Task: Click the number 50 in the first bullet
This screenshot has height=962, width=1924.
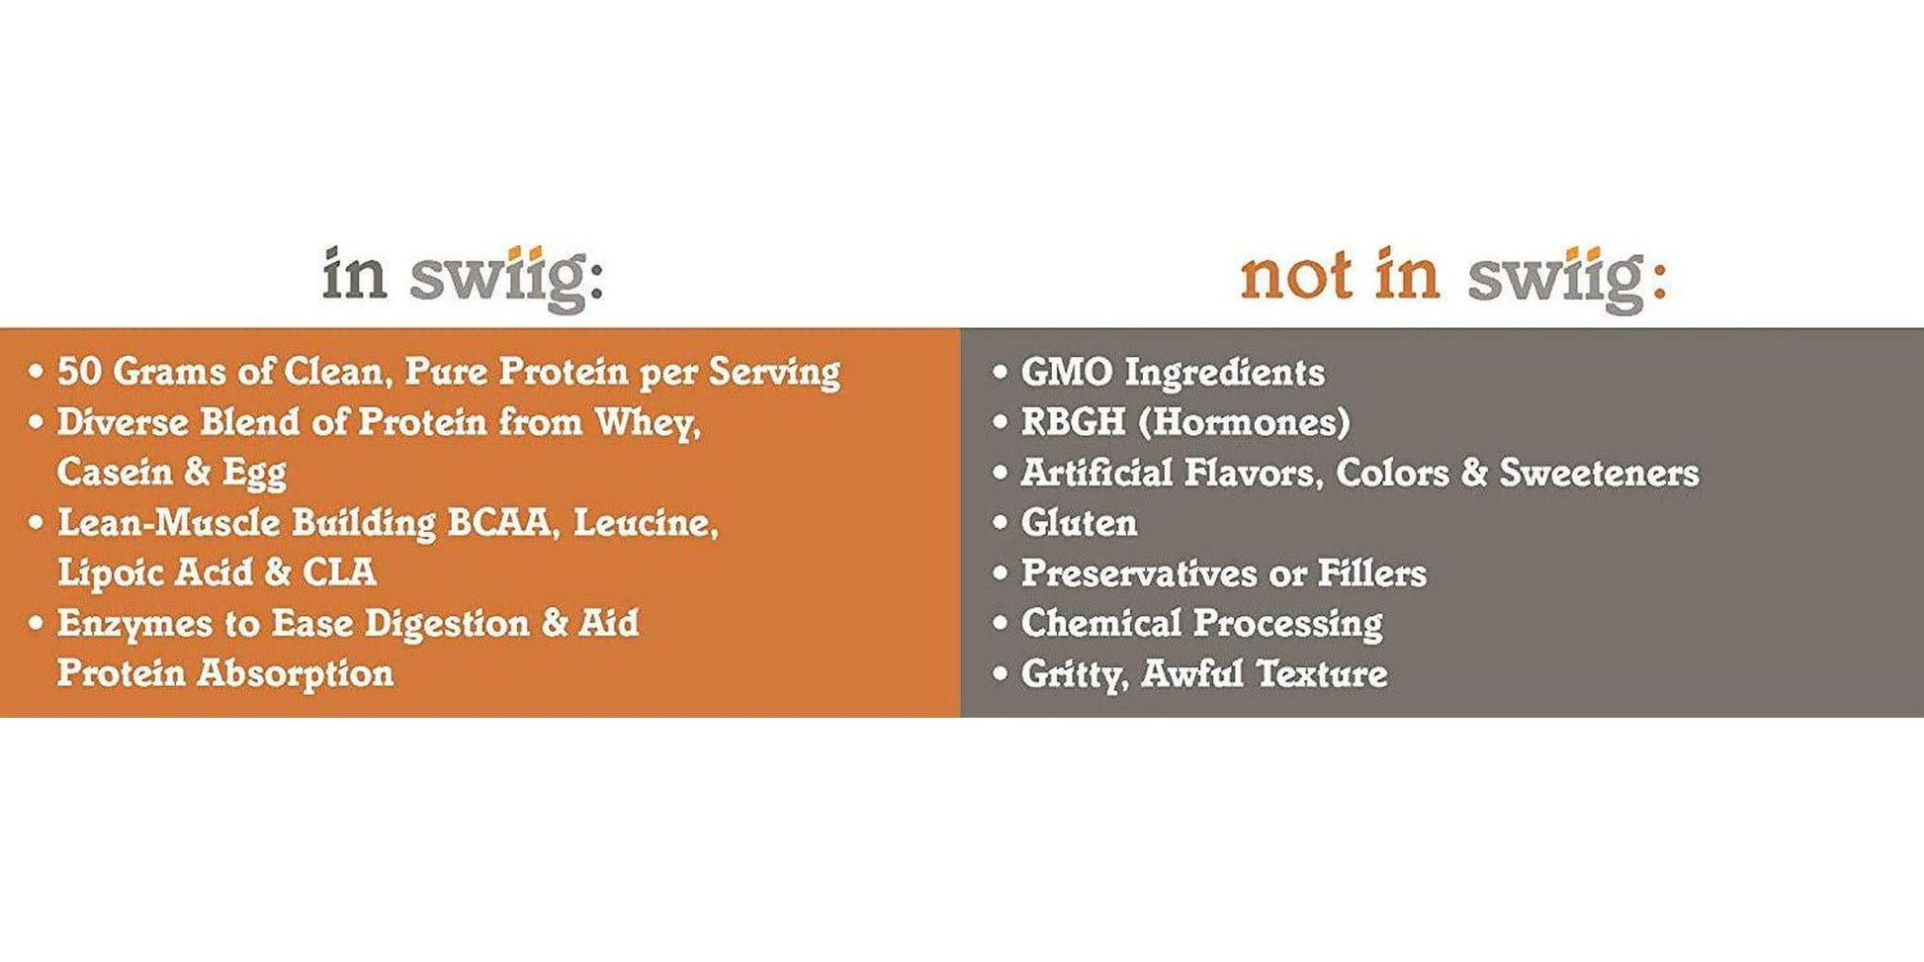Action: tap(79, 372)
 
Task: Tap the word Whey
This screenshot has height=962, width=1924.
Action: tap(647, 422)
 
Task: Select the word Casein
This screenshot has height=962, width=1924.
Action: tap(115, 472)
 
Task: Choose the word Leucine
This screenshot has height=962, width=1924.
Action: tap(645, 523)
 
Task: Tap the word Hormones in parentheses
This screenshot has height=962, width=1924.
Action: tap(1244, 423)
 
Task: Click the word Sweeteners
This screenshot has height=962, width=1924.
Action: tap(1599, 473)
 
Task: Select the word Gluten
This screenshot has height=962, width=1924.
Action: tap(1079, 523)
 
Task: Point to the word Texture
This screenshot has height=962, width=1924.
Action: tap(1322, 674)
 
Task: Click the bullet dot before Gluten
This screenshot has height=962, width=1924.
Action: tap(1001, 522)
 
